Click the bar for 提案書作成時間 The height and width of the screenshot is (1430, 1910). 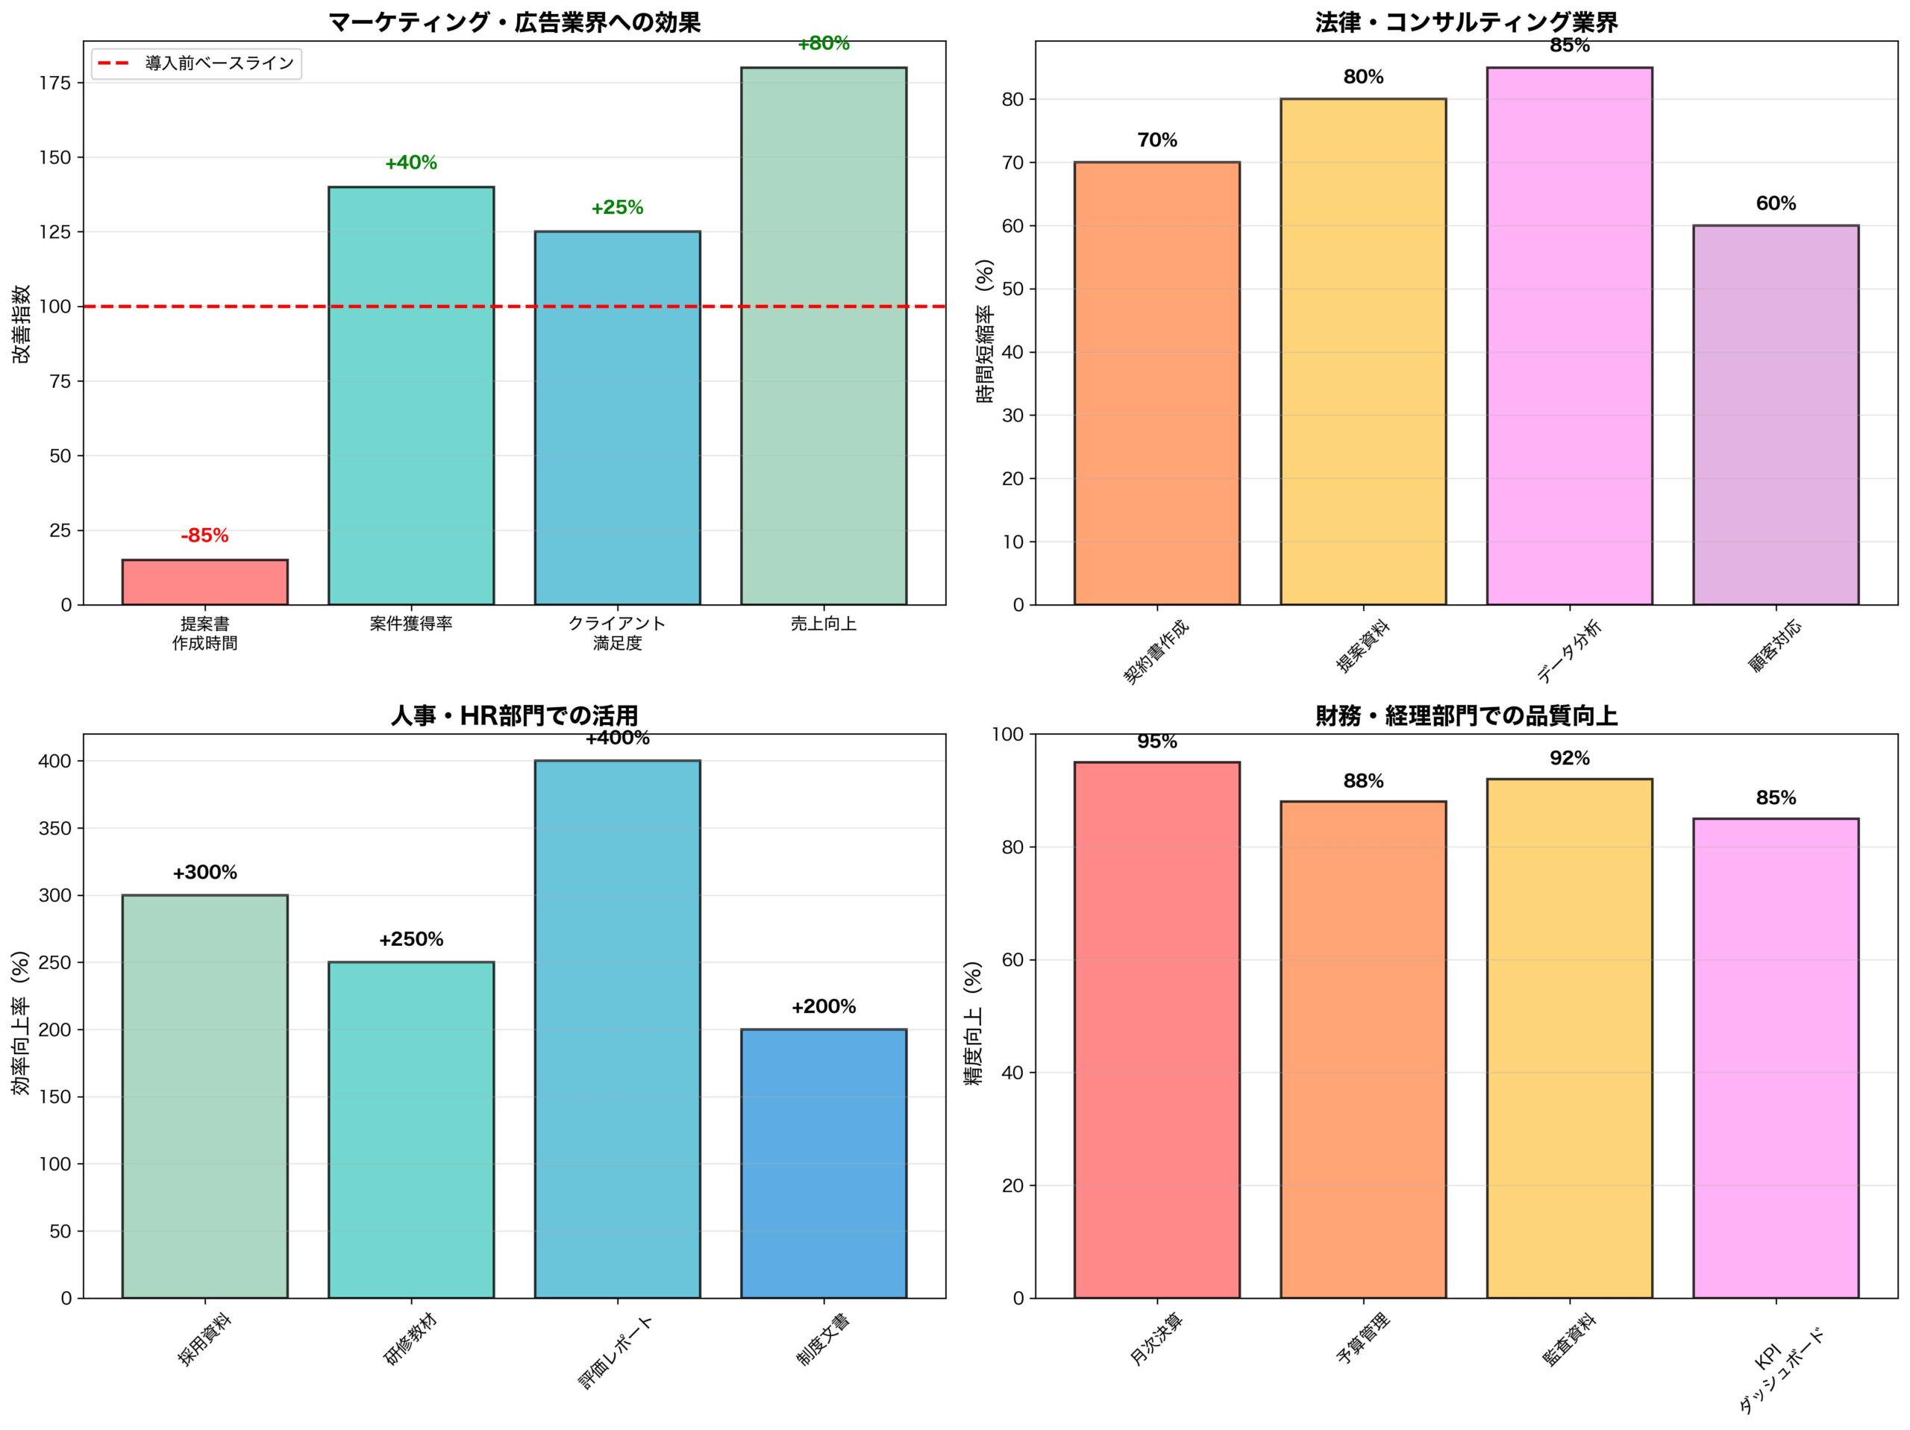click(x=204, y=582)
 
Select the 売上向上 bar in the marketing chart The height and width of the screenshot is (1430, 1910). click(x=823, y=336)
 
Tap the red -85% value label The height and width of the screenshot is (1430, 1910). click(x=204, y=536)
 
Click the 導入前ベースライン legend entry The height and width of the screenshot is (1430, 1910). click(x=196, y=63)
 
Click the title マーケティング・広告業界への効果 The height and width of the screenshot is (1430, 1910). click(x=515, y=22)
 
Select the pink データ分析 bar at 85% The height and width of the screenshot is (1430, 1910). click(x=1569, y=336)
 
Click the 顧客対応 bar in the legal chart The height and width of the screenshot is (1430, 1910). click(x=1775, y=415)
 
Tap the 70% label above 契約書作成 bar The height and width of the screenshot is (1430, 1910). click(x=1157, y=140)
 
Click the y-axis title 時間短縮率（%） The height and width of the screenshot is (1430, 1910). click(x=986, y=332)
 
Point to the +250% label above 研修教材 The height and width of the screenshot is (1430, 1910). click(x=411, y=939)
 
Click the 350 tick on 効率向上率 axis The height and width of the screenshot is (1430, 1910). click(x=54, y=828)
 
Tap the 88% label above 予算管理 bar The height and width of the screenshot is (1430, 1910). click(x=1363, y=782)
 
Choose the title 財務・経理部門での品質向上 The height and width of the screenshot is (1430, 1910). click(x=1466, y=716)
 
